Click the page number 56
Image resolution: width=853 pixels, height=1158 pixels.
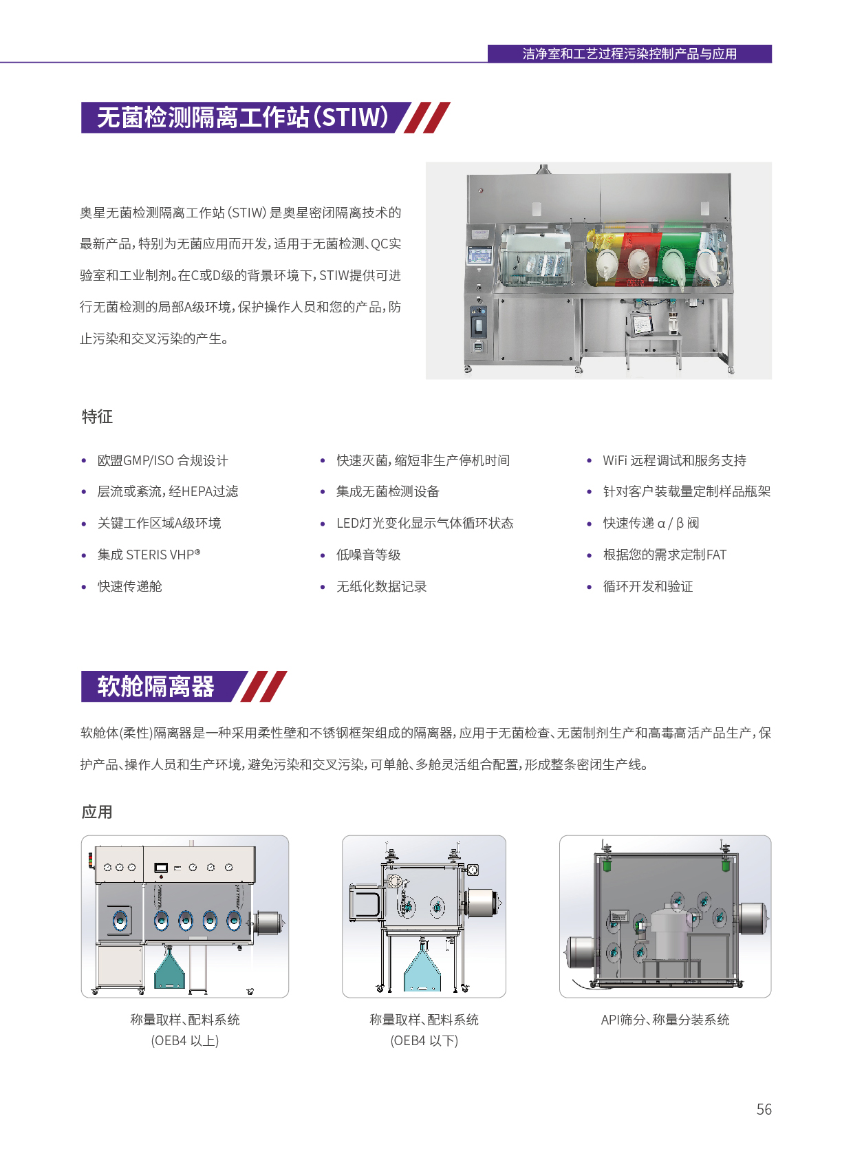(764, 1109)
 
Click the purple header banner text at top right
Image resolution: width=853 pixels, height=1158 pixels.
(629, 54)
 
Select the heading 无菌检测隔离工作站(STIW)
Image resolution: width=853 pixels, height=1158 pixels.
(242, 117)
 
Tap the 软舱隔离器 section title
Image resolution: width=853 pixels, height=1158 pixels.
(155, 686)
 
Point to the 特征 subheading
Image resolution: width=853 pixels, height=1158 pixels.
(97, 416)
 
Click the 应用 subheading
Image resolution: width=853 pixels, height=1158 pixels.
(97, 812)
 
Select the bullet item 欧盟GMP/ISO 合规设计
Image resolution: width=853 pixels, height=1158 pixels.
(162, 460)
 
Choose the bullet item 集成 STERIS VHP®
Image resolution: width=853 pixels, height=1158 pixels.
(149, 554)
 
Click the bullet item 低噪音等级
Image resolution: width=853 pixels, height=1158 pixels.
(368, 554)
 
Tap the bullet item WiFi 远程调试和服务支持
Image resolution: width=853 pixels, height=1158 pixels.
(674, 460)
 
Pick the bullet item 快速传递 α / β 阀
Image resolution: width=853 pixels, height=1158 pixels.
(651, 523)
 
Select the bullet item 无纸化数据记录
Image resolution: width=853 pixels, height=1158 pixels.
(381, 586)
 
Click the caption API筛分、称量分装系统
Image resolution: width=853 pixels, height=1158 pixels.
(665, 1020)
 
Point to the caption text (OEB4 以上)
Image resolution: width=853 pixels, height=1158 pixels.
(184, 1040)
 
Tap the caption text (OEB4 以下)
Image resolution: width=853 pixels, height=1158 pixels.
(424, 1040)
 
